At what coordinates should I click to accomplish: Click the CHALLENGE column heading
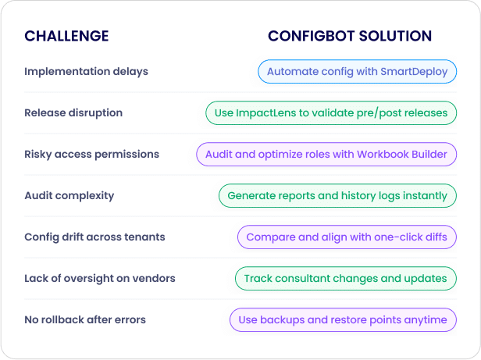tap(66, 36)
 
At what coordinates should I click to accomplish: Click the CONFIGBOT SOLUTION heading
tap(350, 36)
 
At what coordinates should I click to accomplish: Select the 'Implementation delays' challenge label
tap(86, 72)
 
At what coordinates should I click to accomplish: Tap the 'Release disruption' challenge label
tap(73, 112)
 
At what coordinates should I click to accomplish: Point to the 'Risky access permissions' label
tap(91, 154)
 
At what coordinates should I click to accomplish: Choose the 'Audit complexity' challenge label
tap(69, 195)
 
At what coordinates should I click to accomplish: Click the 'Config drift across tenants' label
tap(94, 237)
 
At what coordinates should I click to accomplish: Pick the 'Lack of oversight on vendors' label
tap(100, 278)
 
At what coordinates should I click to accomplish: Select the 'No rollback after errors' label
tap(85, 320)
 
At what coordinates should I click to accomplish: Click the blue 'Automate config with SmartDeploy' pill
tap(357, 72)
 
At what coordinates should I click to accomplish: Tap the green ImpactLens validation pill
tap(331, 113)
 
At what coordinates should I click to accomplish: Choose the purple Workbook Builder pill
tap(326, 155)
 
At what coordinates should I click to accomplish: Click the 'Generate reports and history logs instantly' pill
tap(337, 196)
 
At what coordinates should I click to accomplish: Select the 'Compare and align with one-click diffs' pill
tap(347, 237)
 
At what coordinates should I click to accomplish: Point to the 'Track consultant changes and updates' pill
tap(346, 279)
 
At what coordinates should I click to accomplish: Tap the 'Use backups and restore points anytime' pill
tap(343, 320)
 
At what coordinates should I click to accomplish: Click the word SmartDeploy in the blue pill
tap(414, 72)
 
